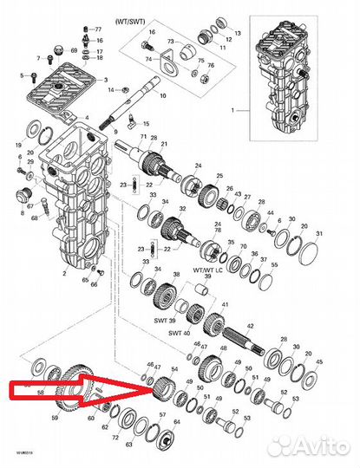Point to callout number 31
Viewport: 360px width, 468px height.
319,235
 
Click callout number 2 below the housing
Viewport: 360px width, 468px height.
63,273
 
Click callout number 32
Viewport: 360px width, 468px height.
181,210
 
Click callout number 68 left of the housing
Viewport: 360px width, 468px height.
35,219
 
